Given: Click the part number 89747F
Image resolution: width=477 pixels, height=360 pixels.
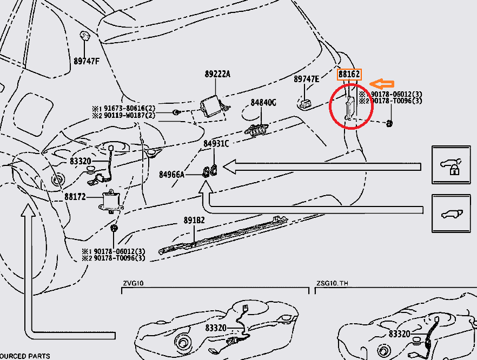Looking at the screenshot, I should coord(87,61).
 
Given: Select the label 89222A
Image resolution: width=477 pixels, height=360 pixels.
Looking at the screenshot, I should coord(217,74).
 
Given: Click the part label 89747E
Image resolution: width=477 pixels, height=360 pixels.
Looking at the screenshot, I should coord(307,79).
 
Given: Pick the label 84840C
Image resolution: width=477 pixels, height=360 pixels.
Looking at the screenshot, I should coord(263,102).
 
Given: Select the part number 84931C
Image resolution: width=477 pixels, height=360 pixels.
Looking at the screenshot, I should coord(216,144).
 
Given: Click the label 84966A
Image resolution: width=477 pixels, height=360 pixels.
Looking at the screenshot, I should coord(172,174).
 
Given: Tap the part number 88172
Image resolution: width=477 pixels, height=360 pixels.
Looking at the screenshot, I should coord(75,197).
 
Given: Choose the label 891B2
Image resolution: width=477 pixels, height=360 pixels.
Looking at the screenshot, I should coord(194,221).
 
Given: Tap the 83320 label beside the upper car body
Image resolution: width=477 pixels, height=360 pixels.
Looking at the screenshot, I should coord(81,162).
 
